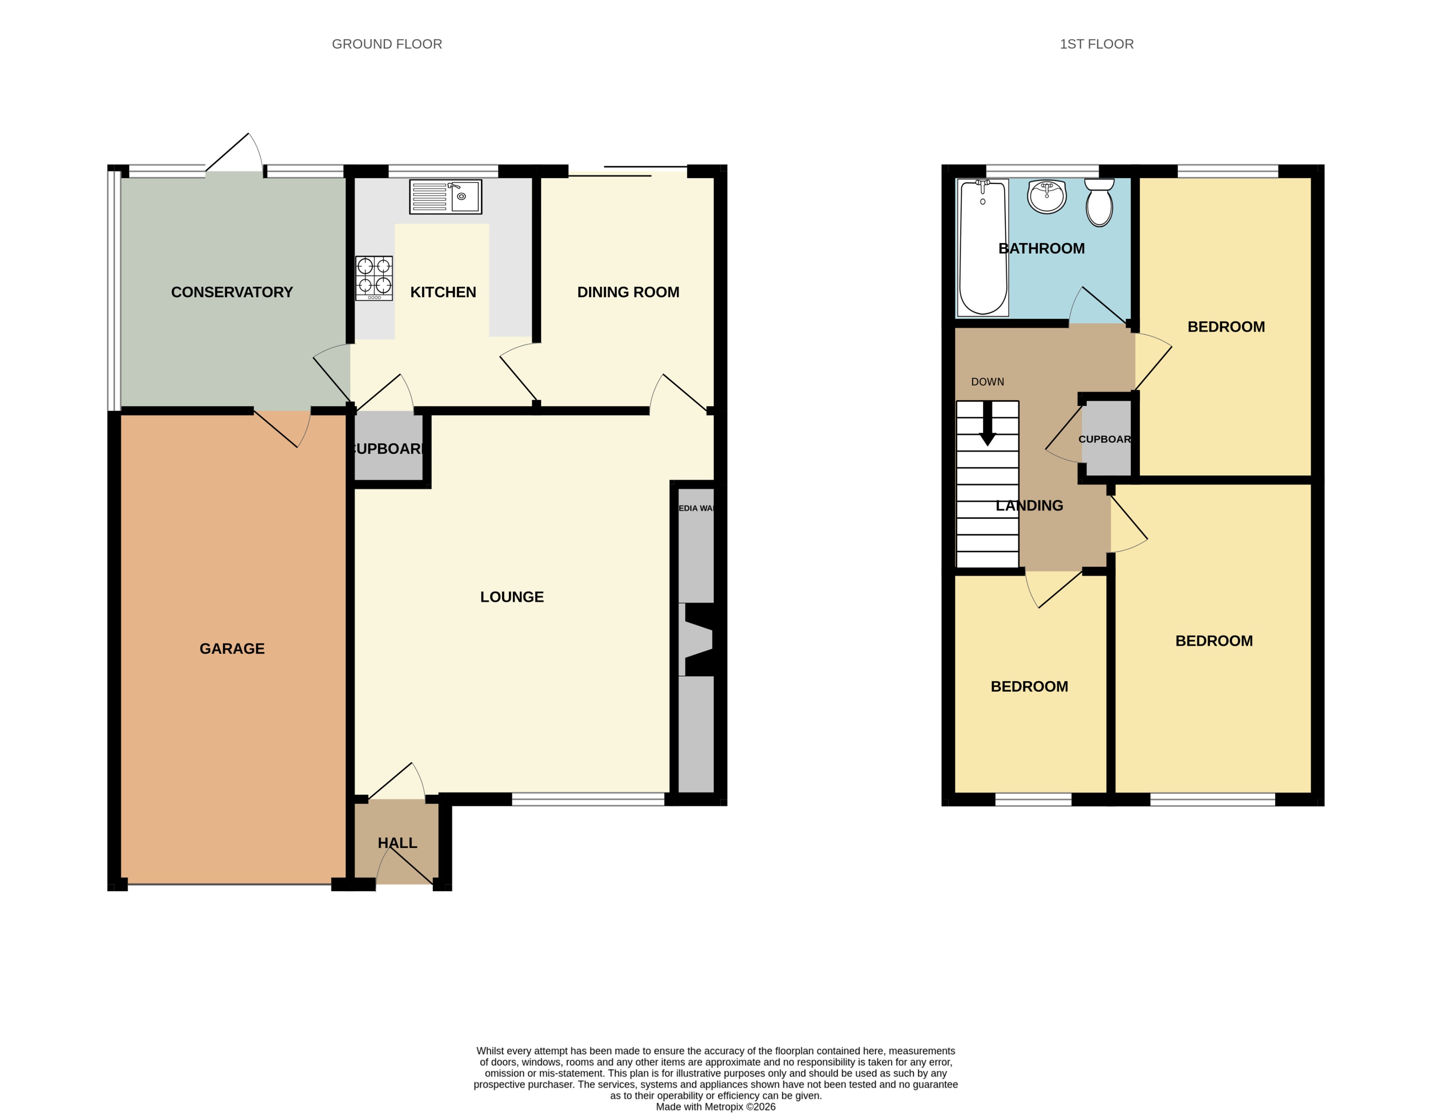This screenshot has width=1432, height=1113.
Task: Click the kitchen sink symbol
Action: pos(445,197)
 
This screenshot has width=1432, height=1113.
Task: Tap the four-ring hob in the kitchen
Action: pos(374,278)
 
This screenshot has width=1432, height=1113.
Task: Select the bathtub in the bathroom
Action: pos(982,248)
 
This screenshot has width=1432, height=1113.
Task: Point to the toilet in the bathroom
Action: pos(1099,203)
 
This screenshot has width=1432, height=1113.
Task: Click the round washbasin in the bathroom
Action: pos(1046,197)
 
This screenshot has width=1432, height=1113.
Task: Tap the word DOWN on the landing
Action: pos(988,382)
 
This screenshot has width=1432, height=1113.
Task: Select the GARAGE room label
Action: pos(232,648)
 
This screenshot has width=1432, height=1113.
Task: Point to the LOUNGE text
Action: pos(512,597)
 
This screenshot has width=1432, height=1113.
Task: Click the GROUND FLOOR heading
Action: pos(387,44)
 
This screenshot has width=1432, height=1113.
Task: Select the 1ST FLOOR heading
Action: pos(1096,44)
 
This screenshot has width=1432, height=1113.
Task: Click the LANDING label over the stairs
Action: pos(1030,505)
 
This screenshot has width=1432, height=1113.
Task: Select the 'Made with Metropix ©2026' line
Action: pos(716,1106)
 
